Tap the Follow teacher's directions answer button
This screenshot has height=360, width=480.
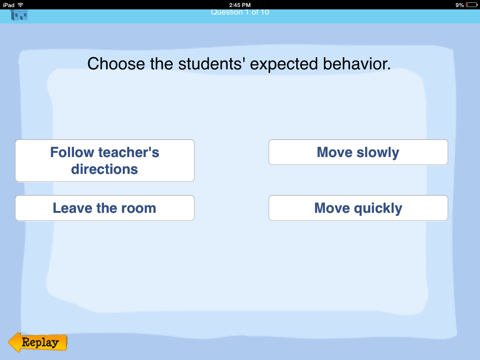(105, 160)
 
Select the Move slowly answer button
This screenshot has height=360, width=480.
(358, 152)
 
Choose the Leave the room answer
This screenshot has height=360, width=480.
(105, 208)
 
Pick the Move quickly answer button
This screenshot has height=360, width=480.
(358, 208)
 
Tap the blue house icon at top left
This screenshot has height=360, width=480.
(19, 15)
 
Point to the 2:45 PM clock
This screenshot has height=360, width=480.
(240, 5)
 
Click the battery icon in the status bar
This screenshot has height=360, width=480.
(471, 5)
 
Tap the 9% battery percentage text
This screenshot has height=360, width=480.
(459, 5)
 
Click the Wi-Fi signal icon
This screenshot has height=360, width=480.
(21, 5)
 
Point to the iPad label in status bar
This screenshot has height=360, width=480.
(8, 5)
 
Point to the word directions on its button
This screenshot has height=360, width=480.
(105, 169)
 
